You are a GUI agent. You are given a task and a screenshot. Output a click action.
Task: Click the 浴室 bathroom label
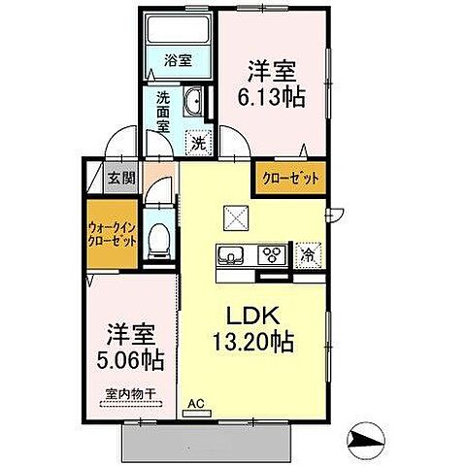pyautogui.click(x=178, y=60)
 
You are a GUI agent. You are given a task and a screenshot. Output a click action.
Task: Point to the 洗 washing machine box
pyautogui.click(x=197, y=141)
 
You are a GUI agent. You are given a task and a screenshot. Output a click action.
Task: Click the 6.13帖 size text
pyautogui.click(x=272, y=96)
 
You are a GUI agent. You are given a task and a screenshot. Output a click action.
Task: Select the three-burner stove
pyautogui.click(x=272, y=255)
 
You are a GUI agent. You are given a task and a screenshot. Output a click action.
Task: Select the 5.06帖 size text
pyautogui.click(x=130, y=360)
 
